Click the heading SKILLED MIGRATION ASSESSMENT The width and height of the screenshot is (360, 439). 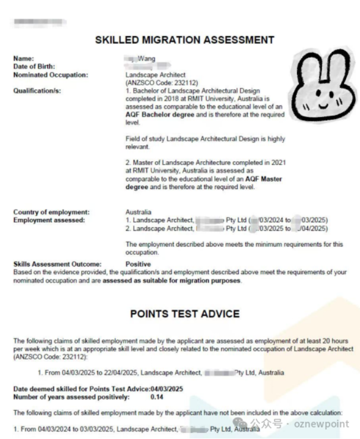click(x=185, y=40)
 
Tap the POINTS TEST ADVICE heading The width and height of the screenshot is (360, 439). click(x=185, y=314)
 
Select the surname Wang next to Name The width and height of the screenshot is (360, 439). click(x=146, y=59)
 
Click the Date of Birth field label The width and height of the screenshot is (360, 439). click(x=34, y=67)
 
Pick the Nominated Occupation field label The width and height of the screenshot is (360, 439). click(x=50, y=75)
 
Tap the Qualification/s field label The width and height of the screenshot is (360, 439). click(x=37, y=91)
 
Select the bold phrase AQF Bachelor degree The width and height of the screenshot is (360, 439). click(x=160, y=115)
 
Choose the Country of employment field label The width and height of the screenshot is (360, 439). click(x=51, y=212)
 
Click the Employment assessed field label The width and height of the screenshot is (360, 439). click(x=49, y=220)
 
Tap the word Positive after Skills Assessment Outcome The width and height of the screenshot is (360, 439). click(x=138, y=264)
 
